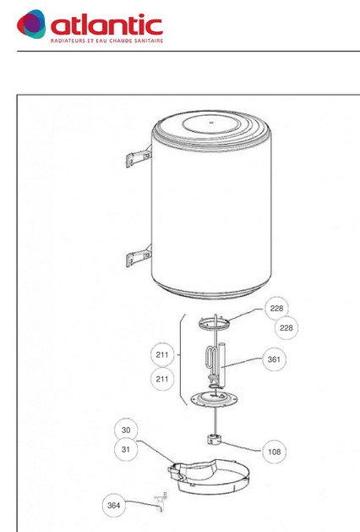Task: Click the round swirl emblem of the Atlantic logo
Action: pyautogui.click(x=31, y=24)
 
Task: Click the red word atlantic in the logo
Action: pyautogui.click(x=106, y=25)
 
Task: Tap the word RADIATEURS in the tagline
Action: pyautogui.click(x=66, y=41)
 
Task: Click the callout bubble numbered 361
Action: pyautogui.click(x=274, y=359)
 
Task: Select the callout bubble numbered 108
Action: pyautogui.click(x=275, y=452)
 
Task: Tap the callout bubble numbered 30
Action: pyautogui.click(x=126, y=430)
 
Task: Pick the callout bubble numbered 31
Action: pyautogui.click(x=126, y=449)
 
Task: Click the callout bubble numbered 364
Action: pyautogui.click(x=113, y=505)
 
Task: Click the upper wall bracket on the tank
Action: pyautogui.click(x=139, y=157)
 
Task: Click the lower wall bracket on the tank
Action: pyautogui.click(x=139, y=256)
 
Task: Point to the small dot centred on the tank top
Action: pyautogui.click(x=211, y=123)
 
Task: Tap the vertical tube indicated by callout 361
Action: pyautogui.click(x=223, y=365)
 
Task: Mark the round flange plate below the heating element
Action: pyautogui.click(x=214, y=398)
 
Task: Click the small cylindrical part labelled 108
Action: pyautogui.click(x=214, y=440)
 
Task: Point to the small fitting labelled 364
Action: pyautogui.click(x=161, y=502)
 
